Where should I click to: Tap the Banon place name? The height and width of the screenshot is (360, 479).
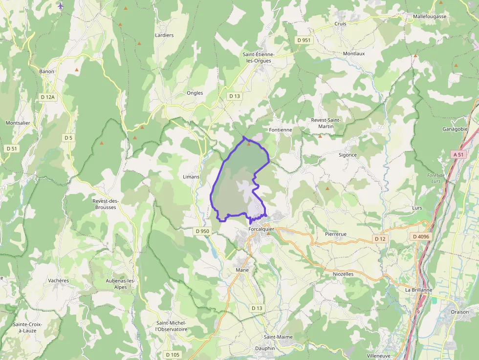[47, 71]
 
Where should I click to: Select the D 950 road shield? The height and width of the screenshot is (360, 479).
[202, 231]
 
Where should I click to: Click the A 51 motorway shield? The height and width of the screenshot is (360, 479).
[458, 154]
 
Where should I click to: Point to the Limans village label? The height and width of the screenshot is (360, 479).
[191, 176]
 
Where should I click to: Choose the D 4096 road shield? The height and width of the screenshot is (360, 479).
[421, 237]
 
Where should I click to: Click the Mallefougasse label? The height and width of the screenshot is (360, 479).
[430, 16]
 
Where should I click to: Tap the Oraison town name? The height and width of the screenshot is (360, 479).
[459, 312]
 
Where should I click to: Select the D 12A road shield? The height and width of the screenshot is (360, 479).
[48, 97]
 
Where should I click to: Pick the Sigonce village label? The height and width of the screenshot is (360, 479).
[348, 155]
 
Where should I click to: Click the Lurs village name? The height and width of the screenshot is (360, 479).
[417, 208]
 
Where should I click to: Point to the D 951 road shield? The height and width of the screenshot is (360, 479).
[304, 40]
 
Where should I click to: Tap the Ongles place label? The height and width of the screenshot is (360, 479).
[195, 93]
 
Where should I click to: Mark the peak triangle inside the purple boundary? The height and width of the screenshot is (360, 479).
[248, 144]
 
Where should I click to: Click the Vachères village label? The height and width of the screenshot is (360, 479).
[59, 280]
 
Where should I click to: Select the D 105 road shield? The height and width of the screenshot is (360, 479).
[172, 354]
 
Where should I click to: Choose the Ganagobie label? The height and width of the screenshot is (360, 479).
[455, 129]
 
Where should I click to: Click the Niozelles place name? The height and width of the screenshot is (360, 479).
[343, 274]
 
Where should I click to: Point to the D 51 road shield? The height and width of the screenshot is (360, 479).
[12, 148]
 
